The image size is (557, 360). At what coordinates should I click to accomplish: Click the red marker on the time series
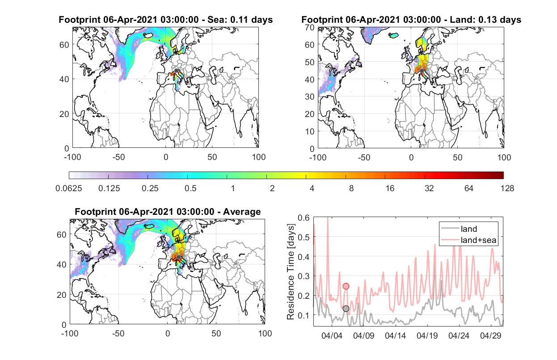point(346,286)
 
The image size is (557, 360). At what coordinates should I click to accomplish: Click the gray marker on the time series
point(346,309)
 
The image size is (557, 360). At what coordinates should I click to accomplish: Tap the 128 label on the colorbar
point(507,188)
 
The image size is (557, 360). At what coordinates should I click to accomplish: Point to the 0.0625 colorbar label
point(69,188)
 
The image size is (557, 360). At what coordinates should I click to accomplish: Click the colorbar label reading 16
point(390,188)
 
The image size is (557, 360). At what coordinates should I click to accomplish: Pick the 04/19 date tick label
point(427,335)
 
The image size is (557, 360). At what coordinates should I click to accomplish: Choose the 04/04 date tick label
point(332,335)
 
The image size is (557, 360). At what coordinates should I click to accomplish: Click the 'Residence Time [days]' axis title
point(291,272)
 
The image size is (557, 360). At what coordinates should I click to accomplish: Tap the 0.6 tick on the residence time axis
point(304,218)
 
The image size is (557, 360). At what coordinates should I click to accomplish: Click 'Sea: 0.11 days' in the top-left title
point(240,20)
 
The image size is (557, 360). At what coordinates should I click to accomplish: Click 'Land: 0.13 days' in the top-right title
point(485,20)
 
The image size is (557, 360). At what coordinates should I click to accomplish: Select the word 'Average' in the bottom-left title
point(242,212)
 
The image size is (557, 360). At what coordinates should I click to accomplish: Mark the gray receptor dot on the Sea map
point(176,71)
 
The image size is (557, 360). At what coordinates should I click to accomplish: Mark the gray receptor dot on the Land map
point(422,71)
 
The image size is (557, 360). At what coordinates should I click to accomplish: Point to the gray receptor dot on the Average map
point(178,257)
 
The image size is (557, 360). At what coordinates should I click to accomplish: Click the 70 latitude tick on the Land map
point(310,27)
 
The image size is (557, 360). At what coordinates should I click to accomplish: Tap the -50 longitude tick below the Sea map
point(118,157)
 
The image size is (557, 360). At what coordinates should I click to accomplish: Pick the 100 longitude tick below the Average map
point(265,333)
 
